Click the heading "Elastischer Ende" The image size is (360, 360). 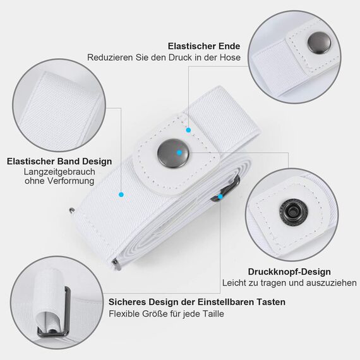[204, 46]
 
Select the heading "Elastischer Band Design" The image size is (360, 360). [59, 161]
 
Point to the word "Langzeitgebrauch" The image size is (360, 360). [59, 172]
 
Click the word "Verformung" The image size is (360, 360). [71, 181]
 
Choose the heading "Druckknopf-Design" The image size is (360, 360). [289, 272]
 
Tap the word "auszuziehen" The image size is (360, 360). [332, 283]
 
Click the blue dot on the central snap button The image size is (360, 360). [179, 152]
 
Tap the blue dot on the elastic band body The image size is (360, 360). [121, 195]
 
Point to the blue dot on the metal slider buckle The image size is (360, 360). [220, 196]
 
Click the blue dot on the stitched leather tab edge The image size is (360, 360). [188, 130]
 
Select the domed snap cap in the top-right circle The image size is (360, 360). [319, 43]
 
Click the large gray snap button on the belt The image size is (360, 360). [173, 153]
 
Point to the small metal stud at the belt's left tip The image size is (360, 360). [72, 210]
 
